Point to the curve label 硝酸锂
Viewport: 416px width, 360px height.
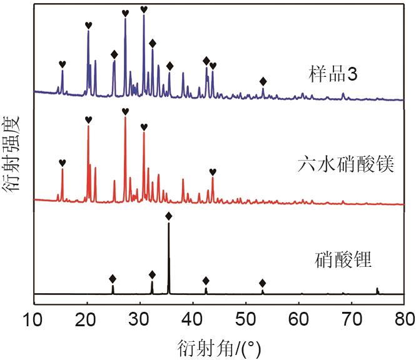pyautogui.click(x=343, y=258)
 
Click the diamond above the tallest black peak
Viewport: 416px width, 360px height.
pyautogui.click(x=168, y=216)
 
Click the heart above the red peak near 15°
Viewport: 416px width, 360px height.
pyautogui.click(x=62, y=162)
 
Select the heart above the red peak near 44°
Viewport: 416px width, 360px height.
pyautogui.click(x=213, y=172)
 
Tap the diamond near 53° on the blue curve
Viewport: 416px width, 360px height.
pyautogui.click(x=263, y=81)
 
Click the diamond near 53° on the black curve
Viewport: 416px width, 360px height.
pyautogui.click(x=262, y=283)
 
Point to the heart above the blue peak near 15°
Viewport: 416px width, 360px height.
pyautogui.click(x=62, y=64)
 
